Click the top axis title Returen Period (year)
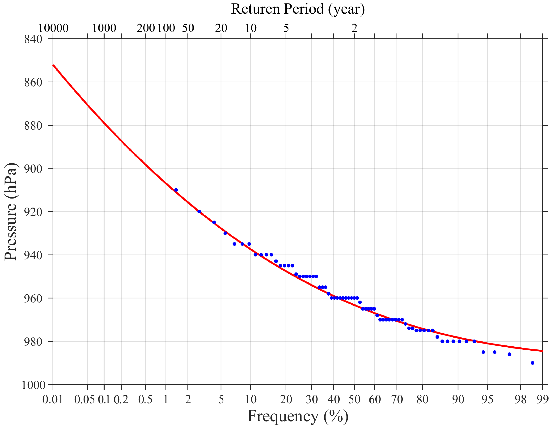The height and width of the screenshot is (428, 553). point(298,9)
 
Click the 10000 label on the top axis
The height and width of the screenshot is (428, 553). point(53,28)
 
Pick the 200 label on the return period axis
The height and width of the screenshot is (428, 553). point(146,28)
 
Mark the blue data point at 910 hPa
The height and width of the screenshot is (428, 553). point(176,190)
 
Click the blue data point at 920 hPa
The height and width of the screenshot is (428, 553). point(199,211)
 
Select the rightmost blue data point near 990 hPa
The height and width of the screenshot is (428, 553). point(533,363)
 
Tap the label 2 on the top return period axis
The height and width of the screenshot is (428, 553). point(354,28)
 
